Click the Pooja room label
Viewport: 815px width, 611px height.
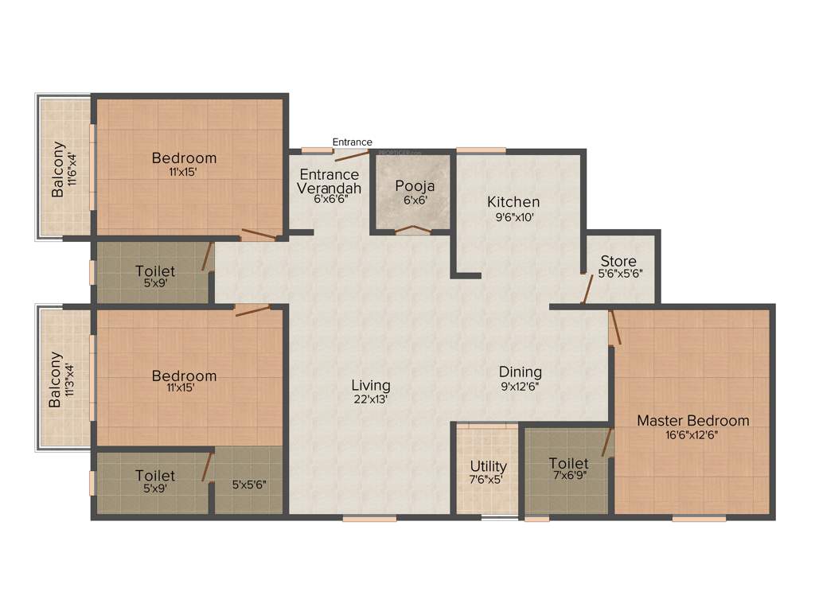click(415, 186)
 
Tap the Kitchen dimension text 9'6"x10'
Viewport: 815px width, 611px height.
click(513, 216)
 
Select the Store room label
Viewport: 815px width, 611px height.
click(618, 261)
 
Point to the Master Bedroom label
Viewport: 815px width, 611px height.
click(692, 421)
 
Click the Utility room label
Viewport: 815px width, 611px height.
click(488, 466)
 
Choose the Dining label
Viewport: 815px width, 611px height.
click(521, 372)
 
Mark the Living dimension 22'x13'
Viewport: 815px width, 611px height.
click(371, 399)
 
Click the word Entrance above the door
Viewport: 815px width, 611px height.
click(352, 142)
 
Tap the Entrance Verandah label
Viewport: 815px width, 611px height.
click(329, 181)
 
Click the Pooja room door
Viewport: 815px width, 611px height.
click(413, 230)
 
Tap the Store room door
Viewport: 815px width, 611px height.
click(587, 290)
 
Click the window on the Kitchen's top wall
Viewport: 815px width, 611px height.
click(481, 150)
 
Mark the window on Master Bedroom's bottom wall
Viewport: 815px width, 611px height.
click(699, 519)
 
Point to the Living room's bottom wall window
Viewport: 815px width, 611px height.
click(369, 519)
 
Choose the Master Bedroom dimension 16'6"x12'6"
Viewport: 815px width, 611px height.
click(692, 435)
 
